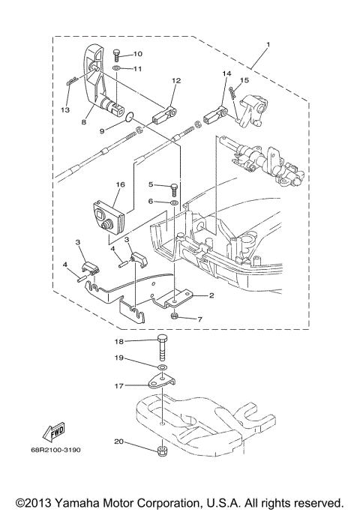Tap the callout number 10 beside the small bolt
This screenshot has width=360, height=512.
point(137,54)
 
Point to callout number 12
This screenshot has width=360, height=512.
point(176,80)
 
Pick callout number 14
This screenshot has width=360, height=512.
point(225,73)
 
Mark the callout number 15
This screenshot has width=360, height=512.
point(244,79)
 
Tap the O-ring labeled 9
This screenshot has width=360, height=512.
point(130,116)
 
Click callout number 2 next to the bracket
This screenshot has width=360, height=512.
point(211,295)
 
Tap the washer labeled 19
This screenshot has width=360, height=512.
point(163,368)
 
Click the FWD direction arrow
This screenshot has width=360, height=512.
point(53,433)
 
